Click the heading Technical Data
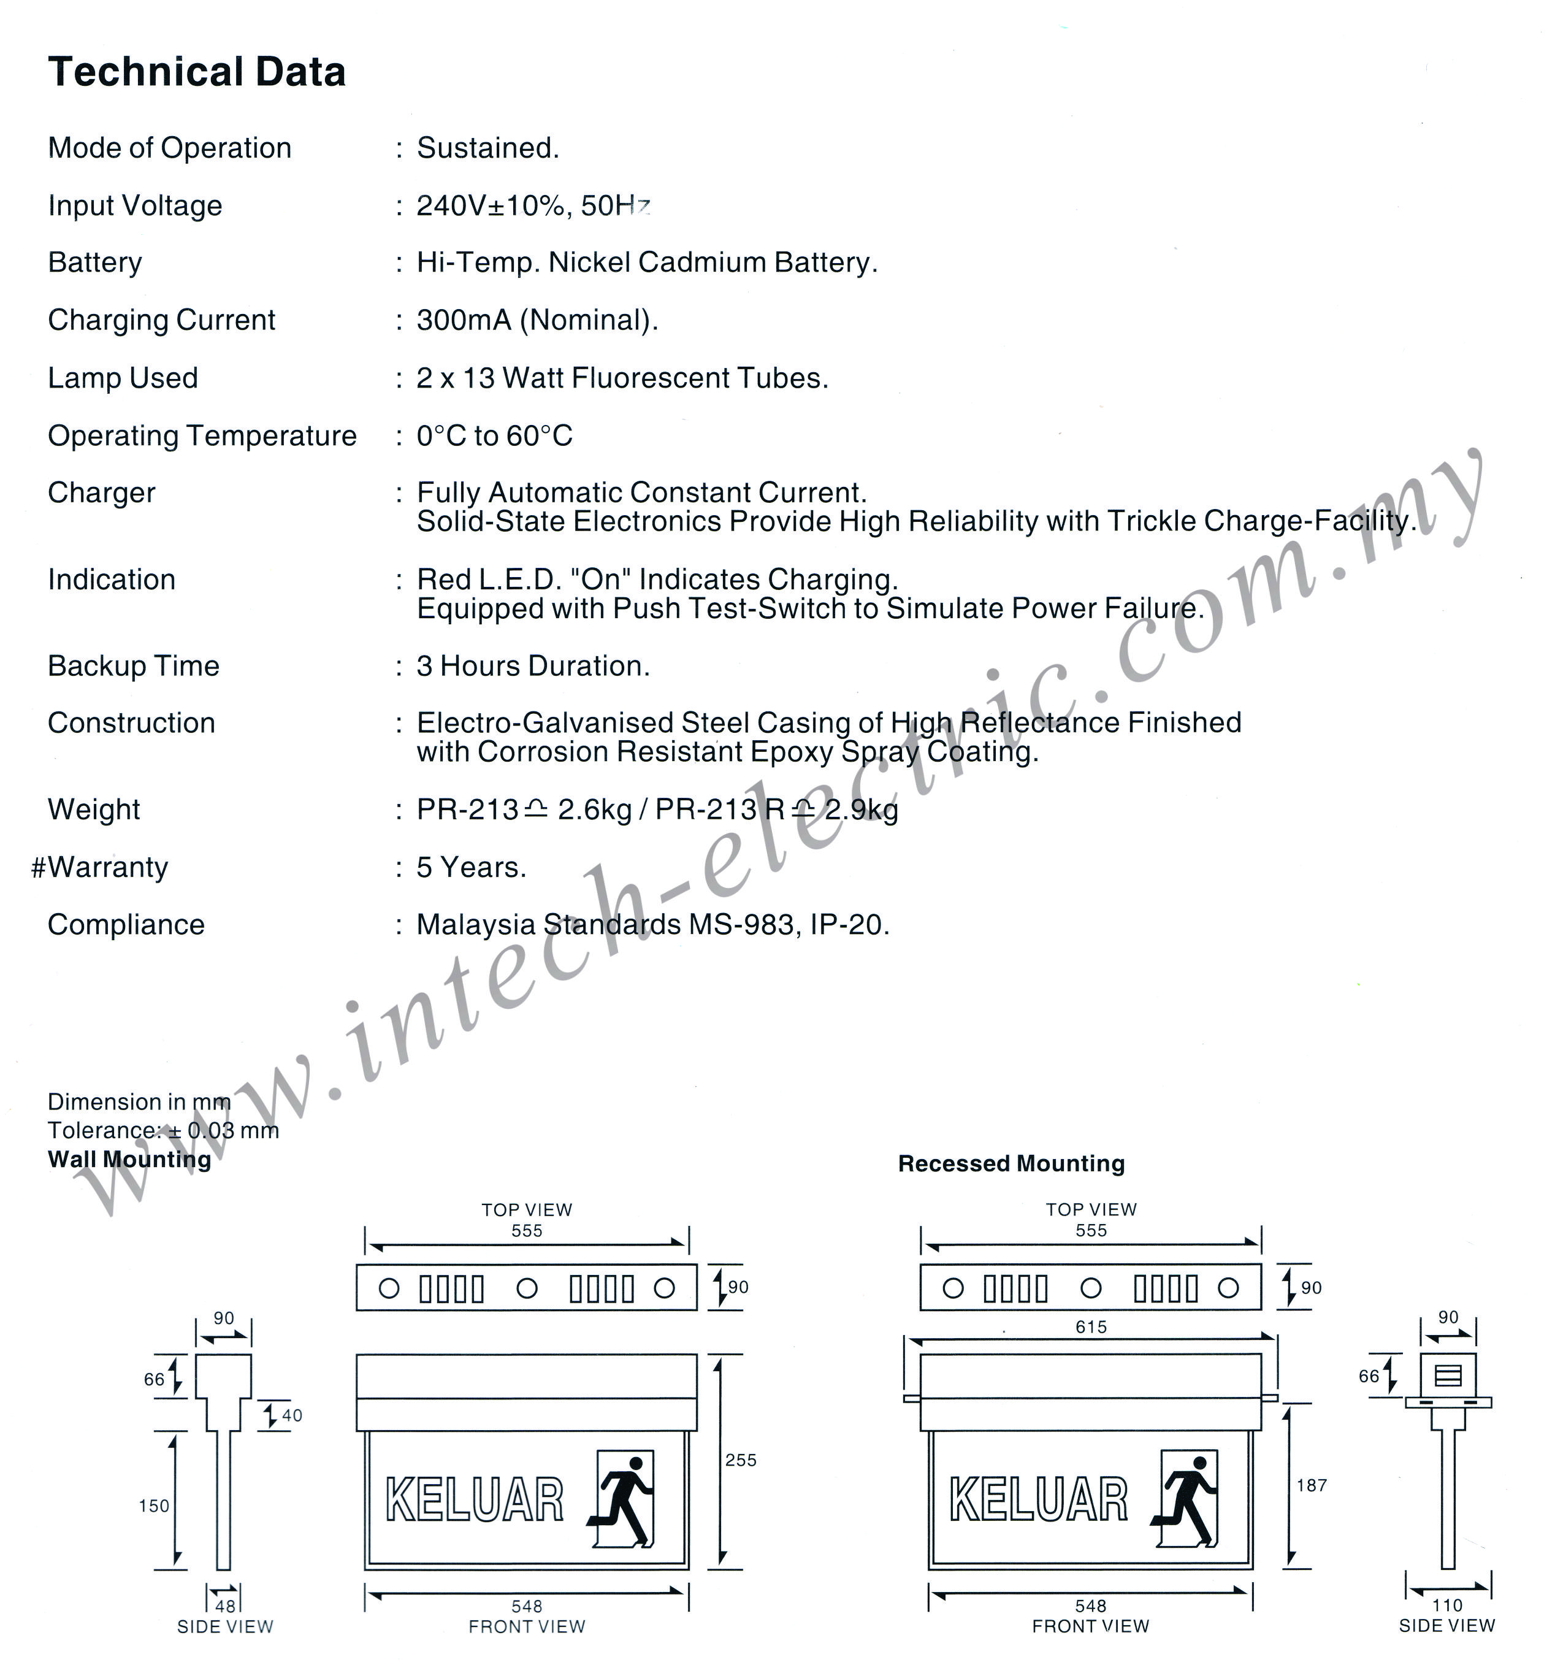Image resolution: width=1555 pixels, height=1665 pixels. (197, 72)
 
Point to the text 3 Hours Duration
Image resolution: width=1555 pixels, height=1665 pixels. (533, 666)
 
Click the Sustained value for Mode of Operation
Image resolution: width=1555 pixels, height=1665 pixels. (488, 148)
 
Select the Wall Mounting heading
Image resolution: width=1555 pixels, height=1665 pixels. (130, 1159)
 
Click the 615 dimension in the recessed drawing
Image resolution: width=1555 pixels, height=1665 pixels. (1091, 1326)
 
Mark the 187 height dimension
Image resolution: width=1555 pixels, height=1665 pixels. (1312, 1485)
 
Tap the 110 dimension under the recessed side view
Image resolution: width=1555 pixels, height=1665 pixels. (1447, 1605)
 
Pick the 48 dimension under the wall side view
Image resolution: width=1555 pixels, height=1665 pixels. (225, 1606)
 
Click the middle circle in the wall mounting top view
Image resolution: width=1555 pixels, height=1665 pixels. (527, 1288)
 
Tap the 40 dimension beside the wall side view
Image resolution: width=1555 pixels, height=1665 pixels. (291, 1415)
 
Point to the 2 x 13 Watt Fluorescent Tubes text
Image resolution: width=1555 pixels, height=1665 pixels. (622, 378)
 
